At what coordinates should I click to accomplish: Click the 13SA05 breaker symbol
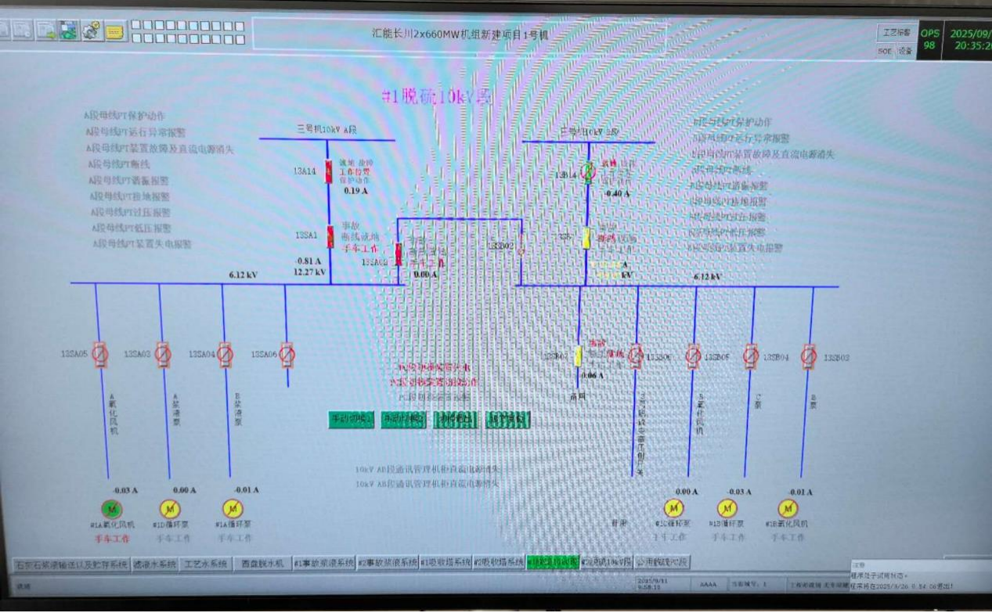pos(99,355)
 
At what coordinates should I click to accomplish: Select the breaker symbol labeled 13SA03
pos(162,355)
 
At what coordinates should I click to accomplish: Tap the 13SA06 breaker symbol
pos(287,355)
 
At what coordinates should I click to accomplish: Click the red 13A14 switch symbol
pos(329,171)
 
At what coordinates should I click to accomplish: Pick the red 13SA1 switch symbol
pos(330,236)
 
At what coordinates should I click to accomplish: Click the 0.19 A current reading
pos(355,190)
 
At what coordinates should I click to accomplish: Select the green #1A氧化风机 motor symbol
pos(108,509)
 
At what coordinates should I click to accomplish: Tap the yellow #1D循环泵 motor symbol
pos(170,509)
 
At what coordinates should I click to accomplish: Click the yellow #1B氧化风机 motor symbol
pos(787,508)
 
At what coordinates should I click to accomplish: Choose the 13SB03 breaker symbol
pos(809,357)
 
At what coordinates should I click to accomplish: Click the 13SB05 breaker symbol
pos(693,357)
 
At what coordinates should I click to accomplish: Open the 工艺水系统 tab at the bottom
pos(206,564)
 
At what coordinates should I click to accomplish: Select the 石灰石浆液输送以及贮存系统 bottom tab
pos(72,564)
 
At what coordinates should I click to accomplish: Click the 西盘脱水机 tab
pos(262,564)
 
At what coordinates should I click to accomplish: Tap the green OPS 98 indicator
pos(929,39)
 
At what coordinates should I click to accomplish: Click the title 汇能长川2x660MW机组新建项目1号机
pos(460,34)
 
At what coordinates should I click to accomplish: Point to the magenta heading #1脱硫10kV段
pos(436,97)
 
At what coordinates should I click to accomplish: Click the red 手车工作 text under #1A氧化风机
pos(112,539)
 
